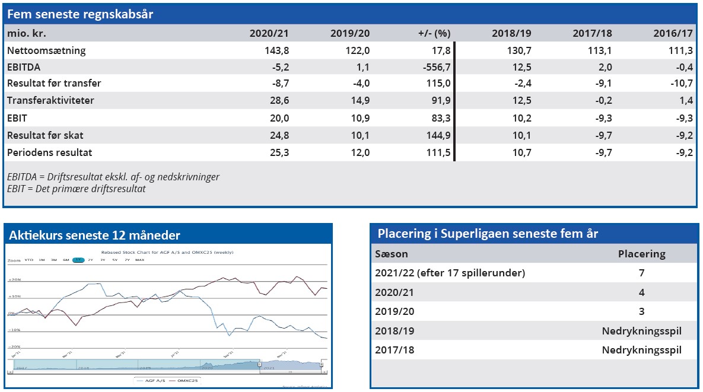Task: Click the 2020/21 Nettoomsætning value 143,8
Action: (x=276, y=51)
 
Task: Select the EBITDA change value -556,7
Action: (x=434, y=68)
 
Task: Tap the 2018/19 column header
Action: (x=513, y=33)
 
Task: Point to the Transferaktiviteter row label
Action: (x=50, y=101)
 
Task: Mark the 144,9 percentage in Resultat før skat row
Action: (x=436, y=136)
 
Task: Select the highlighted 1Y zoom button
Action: (x=78, y=260)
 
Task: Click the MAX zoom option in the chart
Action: (x=139, y=260)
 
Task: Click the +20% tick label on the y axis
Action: (x=14, y=280)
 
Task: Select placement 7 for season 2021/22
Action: (x=641, y=273)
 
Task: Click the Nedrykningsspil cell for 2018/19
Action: (x=641, y=331)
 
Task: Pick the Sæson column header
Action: (x=392, y=254)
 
